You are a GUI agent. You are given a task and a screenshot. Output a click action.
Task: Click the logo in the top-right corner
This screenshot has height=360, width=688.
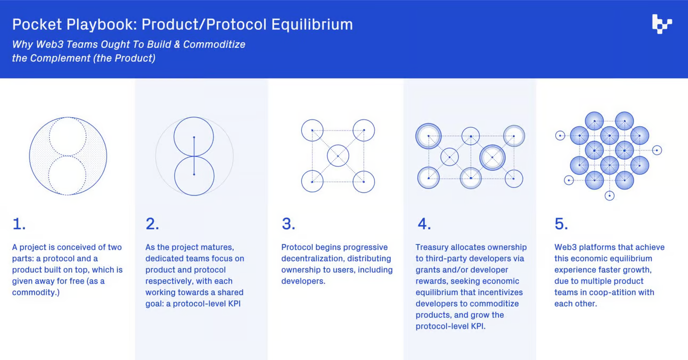(662, 24)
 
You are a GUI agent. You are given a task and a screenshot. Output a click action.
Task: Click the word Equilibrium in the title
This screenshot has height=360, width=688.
(312, 25)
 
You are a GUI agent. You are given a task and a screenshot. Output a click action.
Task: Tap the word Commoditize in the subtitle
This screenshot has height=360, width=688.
(214, 44)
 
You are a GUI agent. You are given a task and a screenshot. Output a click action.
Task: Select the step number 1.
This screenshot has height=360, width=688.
(19, 224)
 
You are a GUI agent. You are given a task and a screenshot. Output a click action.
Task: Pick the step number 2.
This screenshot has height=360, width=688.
(152, 224)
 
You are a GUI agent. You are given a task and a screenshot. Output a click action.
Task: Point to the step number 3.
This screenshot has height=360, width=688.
(289, 224)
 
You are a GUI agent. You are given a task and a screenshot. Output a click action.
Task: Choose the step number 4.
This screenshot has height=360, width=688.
(424, 224)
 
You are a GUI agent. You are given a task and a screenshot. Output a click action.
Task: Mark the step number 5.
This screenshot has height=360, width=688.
(561, 224)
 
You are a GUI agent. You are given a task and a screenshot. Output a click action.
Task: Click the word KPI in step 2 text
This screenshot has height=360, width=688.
(234, 304)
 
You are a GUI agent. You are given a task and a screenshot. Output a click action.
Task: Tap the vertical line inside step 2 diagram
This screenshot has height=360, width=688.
(194, 156)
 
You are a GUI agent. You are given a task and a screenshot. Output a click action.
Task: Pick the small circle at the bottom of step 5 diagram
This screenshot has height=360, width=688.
(609, 200)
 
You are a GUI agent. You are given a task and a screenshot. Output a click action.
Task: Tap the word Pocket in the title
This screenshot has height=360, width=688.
(37, 25)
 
